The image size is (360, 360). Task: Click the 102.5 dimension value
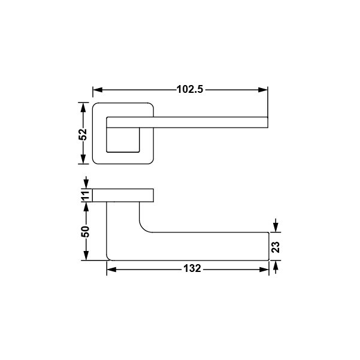click(190, 89)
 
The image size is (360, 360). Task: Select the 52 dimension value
click(83, 135)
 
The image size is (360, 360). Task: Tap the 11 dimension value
click(85, 196)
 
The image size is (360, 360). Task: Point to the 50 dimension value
click(85, 232)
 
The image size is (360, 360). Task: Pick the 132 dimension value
click(192, 268)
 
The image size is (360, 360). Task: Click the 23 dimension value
click(276, 247)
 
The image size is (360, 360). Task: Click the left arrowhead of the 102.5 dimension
click(98, 90)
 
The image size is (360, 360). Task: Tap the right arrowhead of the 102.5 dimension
click(263, 90)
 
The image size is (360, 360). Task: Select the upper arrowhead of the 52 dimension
click(83, 107)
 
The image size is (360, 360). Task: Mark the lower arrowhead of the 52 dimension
click(83, 159)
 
